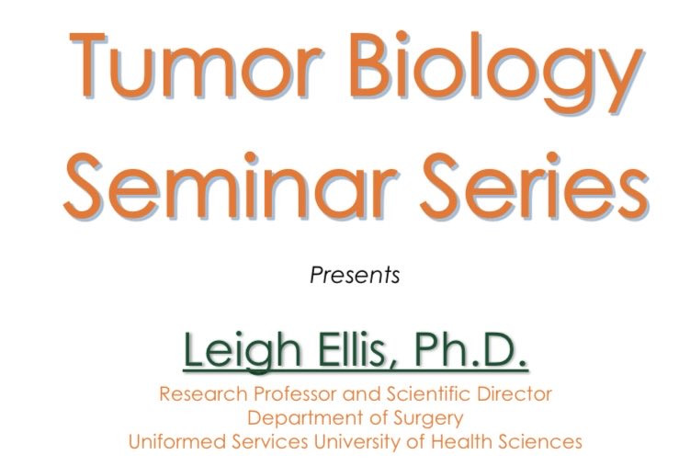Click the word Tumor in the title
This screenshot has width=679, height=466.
[x=196, y=65]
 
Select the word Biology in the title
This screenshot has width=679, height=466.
[x=496, y=73]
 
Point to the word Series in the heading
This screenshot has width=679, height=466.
[x=535, y=185]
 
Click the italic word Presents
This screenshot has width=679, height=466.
[x=355, y=275]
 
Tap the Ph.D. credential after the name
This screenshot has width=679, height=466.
[x=470, y=347]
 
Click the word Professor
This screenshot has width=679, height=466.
[x=296, y=394]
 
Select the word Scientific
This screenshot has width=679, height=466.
[x=428, y=394]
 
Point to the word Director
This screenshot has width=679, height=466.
[x=515, y=394]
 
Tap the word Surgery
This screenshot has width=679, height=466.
[x=429, y=419]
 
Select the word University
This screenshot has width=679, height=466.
[x=359, y=443]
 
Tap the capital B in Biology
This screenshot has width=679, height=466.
[x=369, y=65]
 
